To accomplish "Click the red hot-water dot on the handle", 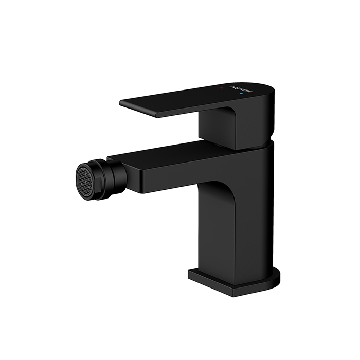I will (221, 89).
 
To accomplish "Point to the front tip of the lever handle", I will (122, 103).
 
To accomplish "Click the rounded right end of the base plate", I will (278, 278).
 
